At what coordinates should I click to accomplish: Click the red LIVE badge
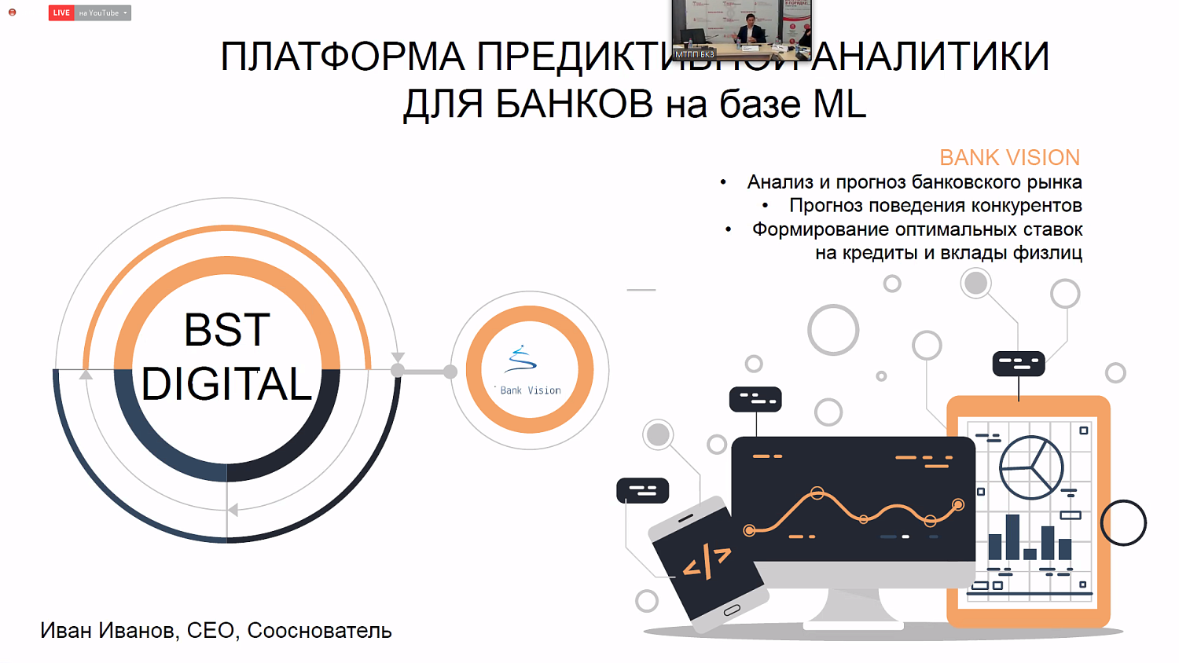[x=61, y=13]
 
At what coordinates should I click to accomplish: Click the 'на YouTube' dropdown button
[x=103, y=13]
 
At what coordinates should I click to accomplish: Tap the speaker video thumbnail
[x=741, y=30]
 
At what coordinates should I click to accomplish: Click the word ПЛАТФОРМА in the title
[x=342, y=57]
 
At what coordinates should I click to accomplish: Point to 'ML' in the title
[x=839, y=104]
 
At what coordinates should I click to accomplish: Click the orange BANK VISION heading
[x=1009, y=157]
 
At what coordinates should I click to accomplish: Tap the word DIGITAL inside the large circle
[x=227, y=383]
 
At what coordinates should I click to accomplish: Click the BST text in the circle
[x=227, y=330]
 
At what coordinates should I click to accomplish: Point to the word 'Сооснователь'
[x=319, y=630]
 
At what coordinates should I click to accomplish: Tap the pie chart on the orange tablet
[x=1030, y=467]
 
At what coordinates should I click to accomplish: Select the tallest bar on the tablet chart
[x=1012, y=537]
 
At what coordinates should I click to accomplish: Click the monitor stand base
[x=853, y=620]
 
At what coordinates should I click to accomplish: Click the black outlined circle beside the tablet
[x=1123, y=522]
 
